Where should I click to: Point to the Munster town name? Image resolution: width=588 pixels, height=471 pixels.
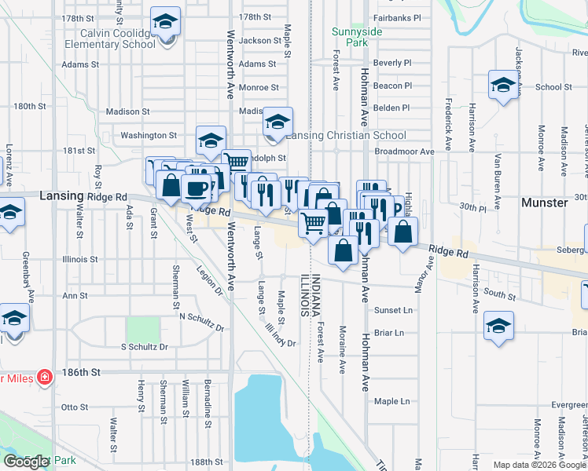click(545, 203)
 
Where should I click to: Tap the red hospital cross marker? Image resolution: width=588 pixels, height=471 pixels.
click(45, 377)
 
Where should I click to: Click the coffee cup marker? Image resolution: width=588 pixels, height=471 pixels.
click(196, 188)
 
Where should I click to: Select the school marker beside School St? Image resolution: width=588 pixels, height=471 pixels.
click(502, 86)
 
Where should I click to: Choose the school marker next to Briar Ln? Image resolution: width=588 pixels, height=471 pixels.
click(498, 326)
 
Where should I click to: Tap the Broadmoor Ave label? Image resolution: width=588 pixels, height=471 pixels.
click(405, 152)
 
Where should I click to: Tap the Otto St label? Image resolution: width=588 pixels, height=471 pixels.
click(75, 407)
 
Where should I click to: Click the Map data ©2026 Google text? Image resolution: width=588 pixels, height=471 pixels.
click(538, 465)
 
